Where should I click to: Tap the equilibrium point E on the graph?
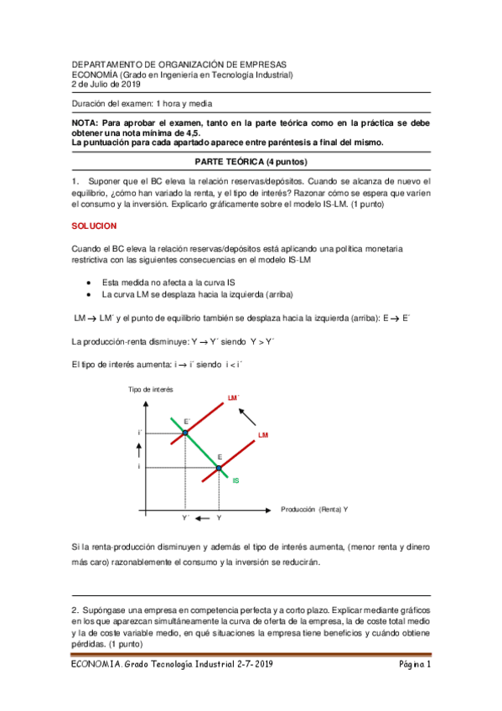pyautogui.click(x=219, y=468)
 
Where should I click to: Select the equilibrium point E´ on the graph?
pyautogui.click(x=185, y=433)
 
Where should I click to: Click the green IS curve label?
pyautogui.click(x=236, y=480)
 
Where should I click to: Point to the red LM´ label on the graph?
pyautogui.click(x=233, y=397)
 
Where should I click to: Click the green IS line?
pyautogui.click(x=201, y=449)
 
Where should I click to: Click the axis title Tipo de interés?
pyautogui.click(x=150, y=389)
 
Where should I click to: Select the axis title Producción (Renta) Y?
pyautogui.click(x=315, y=509)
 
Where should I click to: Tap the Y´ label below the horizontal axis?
pyautogui.click(x=185, y=519)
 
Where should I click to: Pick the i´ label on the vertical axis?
pyautogui.click(x=139, y=433)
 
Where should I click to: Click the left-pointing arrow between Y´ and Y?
pyautogui.click(x=202, y=519)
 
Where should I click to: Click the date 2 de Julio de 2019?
pyautogui.click(x=108, y=84)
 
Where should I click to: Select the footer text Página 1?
pyautogui.click(x=413, y=665)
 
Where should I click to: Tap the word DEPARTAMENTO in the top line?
pyautogui.click(x=106, y=64)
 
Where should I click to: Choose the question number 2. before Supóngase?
pyautogui.click(x=75, y=607)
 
